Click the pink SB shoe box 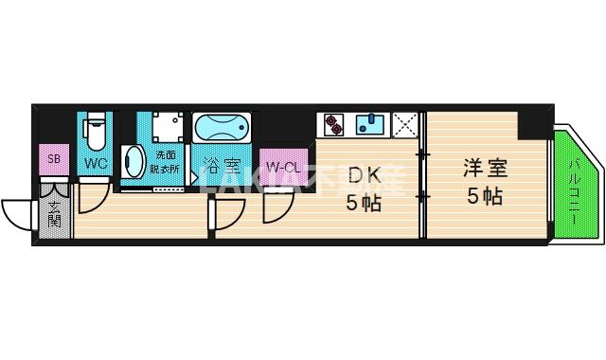click(55, 159)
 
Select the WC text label click(96, 163)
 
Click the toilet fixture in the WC click(96, 133)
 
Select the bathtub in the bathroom click(222, 128)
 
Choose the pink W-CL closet click(282, 169)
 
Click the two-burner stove click(334, 124)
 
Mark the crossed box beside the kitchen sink click(405, 124)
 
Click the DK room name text click(363, 176)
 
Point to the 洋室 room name click(484, 170)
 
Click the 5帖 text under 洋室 click(484, 197)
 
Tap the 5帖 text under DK click(363, 203)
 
